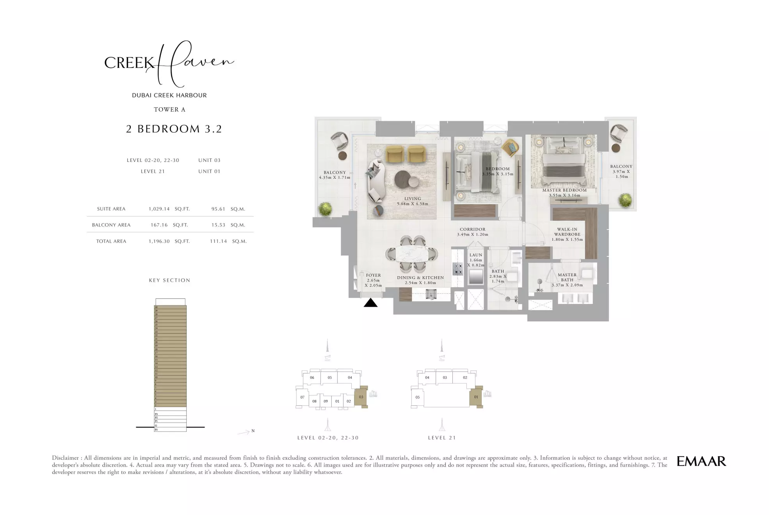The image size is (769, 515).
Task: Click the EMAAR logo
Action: coord(701,461)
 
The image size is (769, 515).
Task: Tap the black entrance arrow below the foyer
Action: coord(370,303)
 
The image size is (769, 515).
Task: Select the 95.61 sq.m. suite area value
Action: coord(218,209)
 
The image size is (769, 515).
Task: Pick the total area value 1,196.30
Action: coord(159,241)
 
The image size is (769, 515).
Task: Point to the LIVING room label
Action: coord(413,199)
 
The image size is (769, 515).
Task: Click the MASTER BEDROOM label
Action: coord(564,190)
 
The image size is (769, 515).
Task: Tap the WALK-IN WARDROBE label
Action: coord(567,232)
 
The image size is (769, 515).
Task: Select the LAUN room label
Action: coord(475,255)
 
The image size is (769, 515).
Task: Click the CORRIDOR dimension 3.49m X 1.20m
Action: coord(472,234)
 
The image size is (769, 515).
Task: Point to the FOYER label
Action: coord(373,275)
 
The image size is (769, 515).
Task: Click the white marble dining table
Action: coord(412,254)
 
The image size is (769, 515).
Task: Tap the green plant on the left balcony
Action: coord(325,210)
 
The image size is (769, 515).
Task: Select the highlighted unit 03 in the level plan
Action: coord(361,397)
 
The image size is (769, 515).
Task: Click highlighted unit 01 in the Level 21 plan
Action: coord(476,397)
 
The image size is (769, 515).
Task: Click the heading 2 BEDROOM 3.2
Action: coord(174,129)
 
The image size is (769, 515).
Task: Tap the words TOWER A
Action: coord(169,110)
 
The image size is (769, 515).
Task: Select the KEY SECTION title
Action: coord(169,280)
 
